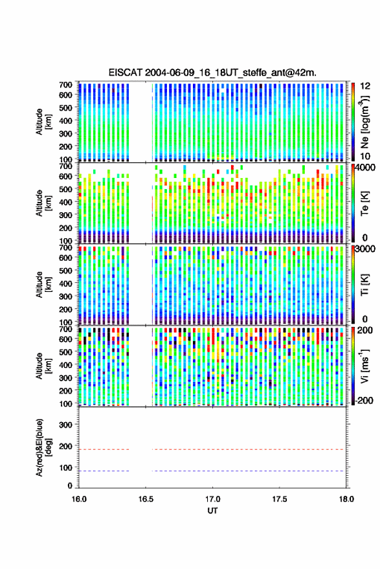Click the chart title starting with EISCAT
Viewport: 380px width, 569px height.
212,73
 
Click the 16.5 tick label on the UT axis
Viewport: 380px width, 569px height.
146,499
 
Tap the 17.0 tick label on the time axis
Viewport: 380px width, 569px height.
212,499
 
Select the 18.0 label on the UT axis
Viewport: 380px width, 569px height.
346,499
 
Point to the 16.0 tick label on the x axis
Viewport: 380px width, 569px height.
79,499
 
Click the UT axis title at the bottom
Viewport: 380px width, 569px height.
212,511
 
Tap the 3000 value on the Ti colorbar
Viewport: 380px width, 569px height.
366,249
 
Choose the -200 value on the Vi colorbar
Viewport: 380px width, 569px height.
364,401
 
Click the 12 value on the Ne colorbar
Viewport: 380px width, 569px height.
365,86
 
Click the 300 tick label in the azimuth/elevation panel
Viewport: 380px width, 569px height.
66,425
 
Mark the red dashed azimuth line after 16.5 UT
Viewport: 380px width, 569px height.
248,450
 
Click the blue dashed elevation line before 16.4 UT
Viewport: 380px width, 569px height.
104,471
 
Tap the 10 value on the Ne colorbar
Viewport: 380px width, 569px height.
365,157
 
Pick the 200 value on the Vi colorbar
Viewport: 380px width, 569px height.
365,330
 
